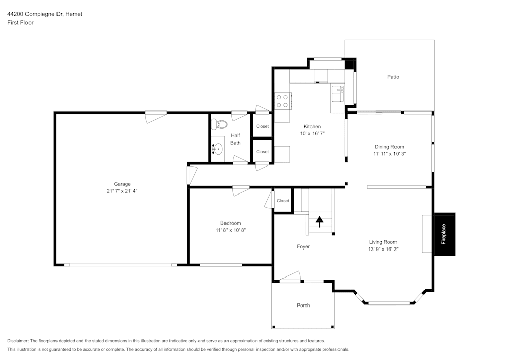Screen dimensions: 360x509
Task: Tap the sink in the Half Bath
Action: tap(218, 149)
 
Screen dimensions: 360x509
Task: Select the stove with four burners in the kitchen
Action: tap(282, 101)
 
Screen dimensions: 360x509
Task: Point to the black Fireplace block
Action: tap(443, 234)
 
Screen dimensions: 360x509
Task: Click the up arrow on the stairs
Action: tap(320, 221)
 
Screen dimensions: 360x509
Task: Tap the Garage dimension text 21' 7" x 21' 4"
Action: tap(122, 191)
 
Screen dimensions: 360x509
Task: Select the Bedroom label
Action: tap(231, 223)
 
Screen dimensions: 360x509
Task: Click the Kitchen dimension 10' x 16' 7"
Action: tap(312, 133)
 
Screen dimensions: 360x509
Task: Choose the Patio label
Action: tap(393, 77)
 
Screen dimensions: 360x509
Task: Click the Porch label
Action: tap(303, 306)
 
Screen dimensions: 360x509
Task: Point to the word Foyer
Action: tap(303, 246)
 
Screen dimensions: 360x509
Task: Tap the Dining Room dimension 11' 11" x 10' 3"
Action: tap(389, 153)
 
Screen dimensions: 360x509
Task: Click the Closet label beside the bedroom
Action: tap(283, 201)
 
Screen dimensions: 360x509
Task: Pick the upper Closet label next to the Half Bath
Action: tap(262, 126)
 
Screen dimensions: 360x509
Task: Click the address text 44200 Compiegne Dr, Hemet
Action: tap(45, 14)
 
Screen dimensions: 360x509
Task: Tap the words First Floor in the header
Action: tap(20, 23)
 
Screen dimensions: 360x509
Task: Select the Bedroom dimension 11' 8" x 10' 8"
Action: tap(231, 230)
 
